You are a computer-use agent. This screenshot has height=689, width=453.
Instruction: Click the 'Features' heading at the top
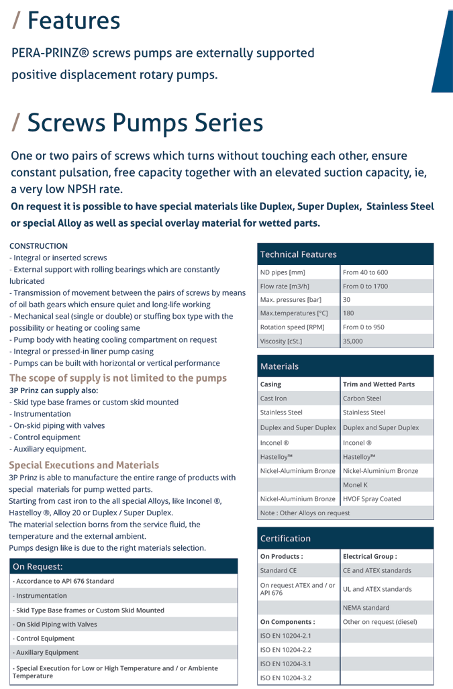pyautogui.click(x=74, y=21)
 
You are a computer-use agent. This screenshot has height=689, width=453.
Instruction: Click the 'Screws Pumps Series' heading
pyautogui.click(x=145, y=123)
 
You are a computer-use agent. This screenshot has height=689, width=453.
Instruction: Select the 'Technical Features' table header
pyautogui.click(x=298, y=254)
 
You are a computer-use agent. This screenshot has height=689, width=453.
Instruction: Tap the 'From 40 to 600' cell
pyautogui.click(x=365, y=272)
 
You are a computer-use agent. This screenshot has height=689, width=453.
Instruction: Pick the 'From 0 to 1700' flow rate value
pyautogui.click(x=365, y=286)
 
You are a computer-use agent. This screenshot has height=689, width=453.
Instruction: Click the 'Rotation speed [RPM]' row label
pyautogui.click(x=293, y=327)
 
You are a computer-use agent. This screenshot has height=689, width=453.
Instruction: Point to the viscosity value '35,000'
pyautogui.click(x=353, y=341)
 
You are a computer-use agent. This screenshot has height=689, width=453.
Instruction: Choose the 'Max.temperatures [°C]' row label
pyautogui.click(x=294, y=313)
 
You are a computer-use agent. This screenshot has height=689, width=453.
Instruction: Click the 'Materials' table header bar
pyautogui.click(x=279, y=366)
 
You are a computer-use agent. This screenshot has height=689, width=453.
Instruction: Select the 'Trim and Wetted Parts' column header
pyautogui.click(x=379, y=384)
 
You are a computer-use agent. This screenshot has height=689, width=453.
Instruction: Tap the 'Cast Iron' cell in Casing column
pyautogui.click(x=273, y=399)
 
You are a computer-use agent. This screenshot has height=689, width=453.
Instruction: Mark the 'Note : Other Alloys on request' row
pyautogui.click(x=305, y=513)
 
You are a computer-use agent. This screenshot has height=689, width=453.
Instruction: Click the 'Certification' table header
pyautogui.click(x=285, y=538)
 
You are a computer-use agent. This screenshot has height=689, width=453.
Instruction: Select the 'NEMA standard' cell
pyautogui.click(x=366, y=608)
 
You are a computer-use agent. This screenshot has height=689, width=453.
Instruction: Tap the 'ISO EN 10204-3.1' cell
pyautogui.click(x=285, y=664)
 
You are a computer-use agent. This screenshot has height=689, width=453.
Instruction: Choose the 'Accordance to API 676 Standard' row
pyautogui.click(x=64, y=581)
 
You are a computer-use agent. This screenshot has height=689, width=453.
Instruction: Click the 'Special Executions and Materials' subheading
pyautogui.click(x=84, y=465)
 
